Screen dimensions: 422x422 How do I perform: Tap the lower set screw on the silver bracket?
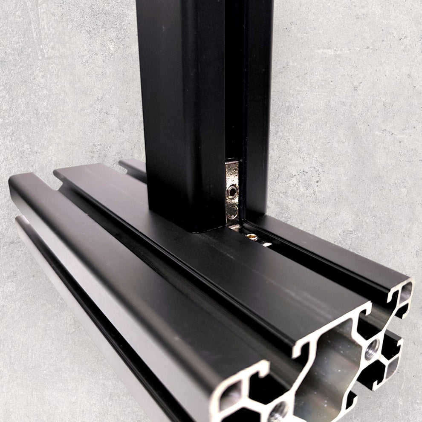coord(232,210)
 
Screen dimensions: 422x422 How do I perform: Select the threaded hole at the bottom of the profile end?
coord(277,412)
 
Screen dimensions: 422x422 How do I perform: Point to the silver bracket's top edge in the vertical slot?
coord(232,161)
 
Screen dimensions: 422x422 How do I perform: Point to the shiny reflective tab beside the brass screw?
coord(266,243)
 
